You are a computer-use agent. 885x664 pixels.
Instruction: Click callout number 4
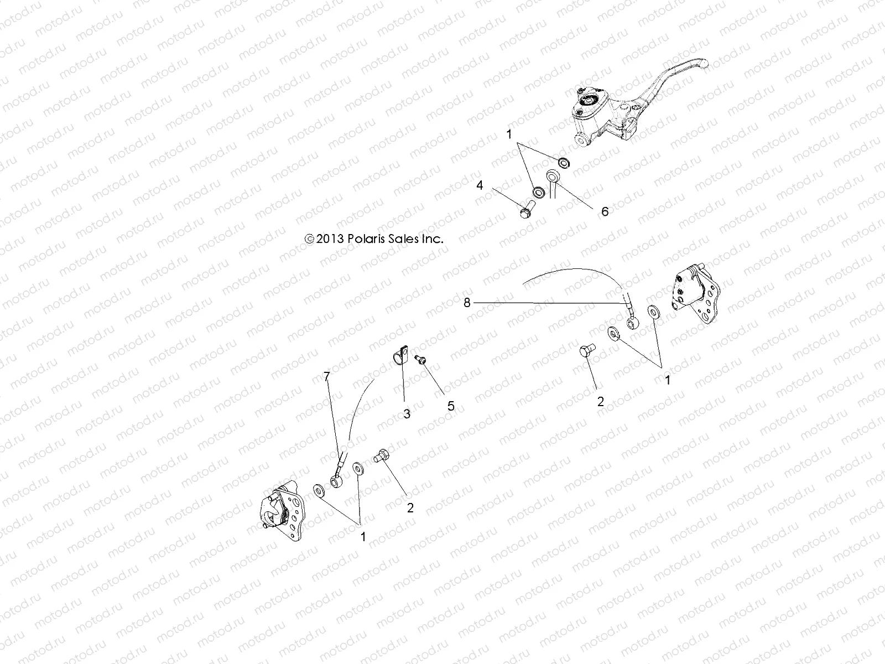[x=480, y=185]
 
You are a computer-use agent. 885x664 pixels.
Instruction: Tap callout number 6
[x=605, y=211]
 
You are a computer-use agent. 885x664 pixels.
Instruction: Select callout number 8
[x=467, y=302]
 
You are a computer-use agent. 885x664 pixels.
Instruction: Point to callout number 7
[x=326, y=377]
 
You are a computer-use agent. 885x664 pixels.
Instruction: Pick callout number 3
[x=407, y=413]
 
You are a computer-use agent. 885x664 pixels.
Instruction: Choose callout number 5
[x=451, y=406]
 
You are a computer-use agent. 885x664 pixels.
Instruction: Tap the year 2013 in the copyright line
[x=331, y=239]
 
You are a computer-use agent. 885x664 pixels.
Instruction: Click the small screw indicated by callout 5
[x=420, y=360]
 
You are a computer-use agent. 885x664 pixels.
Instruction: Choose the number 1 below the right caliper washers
[x=668, y=380]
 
